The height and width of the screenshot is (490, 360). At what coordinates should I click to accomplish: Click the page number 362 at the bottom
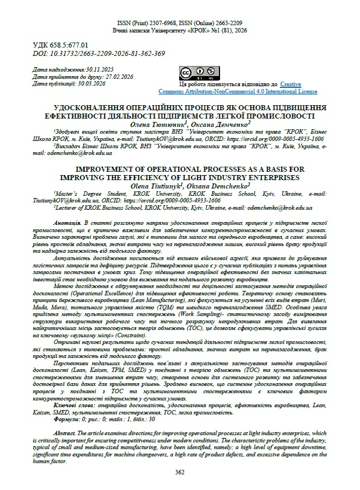click(180, 472)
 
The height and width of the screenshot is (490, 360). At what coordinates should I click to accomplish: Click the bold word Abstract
click(63, 434)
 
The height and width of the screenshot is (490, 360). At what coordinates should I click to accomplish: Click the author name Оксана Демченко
click(219, 124)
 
